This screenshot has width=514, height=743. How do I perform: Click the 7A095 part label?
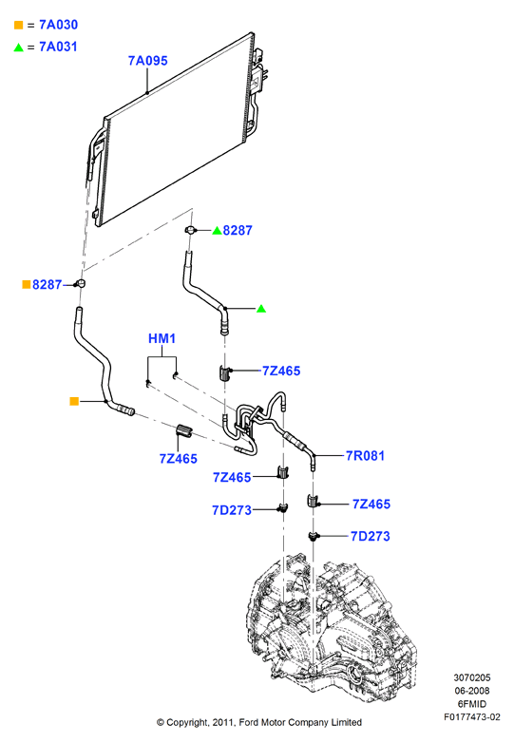[148, 61]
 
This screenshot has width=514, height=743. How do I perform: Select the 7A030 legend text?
[58, 25]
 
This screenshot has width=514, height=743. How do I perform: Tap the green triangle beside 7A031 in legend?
[18, 47]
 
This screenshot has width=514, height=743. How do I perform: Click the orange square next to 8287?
[27, 284]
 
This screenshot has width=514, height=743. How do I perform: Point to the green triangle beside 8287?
[217, 230]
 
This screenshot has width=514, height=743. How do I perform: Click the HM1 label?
[162, 338]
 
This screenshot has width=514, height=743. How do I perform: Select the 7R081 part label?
[365, 456]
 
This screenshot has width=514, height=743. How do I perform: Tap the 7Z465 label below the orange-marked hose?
[178, 459]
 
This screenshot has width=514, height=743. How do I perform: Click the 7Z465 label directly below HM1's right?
[281, 371]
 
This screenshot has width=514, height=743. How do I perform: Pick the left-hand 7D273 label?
[232, 510]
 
